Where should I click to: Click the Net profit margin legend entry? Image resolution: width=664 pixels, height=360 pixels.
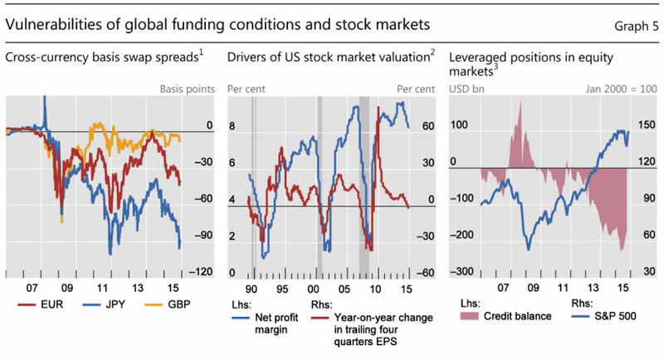(x=253, y=322)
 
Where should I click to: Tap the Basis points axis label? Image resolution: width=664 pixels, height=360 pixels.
(x=187, y=88)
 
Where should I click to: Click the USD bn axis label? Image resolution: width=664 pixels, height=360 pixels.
(x=466, y=88)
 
